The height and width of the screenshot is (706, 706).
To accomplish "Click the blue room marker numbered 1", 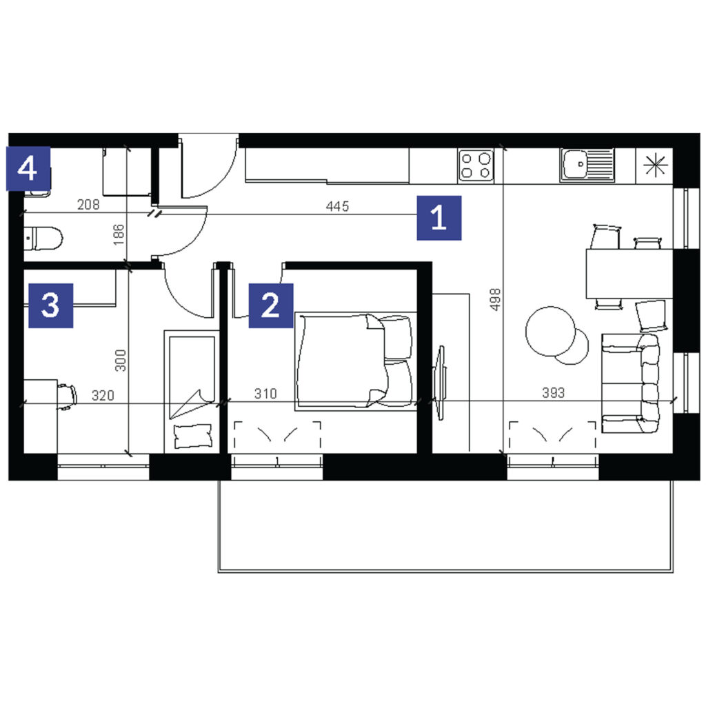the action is (439, 218).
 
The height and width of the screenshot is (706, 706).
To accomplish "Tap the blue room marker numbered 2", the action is (271, 305).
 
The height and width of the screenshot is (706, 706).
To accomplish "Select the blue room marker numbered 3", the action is (51, 305).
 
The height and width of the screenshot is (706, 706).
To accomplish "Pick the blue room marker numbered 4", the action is (28, 169).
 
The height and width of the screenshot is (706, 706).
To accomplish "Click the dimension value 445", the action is (337, 206).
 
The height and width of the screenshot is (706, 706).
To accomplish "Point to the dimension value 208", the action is (88, 204).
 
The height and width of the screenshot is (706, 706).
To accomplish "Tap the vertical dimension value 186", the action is (119, 234).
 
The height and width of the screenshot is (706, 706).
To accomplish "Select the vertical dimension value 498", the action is (495, 299).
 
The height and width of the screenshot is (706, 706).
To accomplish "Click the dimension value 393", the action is (554, 392).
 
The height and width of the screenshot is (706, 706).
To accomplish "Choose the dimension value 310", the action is (265, 394).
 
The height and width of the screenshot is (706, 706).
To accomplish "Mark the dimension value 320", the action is (103, 395).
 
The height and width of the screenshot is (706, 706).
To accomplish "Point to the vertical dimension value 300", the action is (120, 360).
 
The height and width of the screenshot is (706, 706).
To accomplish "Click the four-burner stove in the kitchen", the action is (476, 165).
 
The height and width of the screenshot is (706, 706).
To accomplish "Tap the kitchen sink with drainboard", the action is (587, 165).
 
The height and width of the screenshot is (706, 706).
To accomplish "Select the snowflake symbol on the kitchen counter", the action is (655, 165).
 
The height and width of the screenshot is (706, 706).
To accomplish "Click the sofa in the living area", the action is (631, 383).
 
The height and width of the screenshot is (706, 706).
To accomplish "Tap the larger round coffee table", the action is (551, 332).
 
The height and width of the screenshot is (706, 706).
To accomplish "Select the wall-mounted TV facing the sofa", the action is (440, 383).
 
